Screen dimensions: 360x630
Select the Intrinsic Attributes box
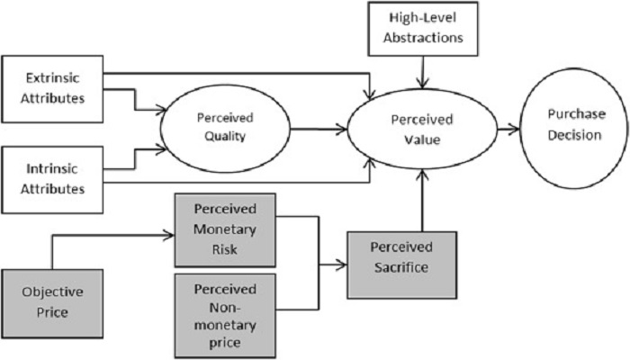click(53, 176)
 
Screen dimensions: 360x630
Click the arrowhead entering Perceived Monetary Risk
click(168, 235)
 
